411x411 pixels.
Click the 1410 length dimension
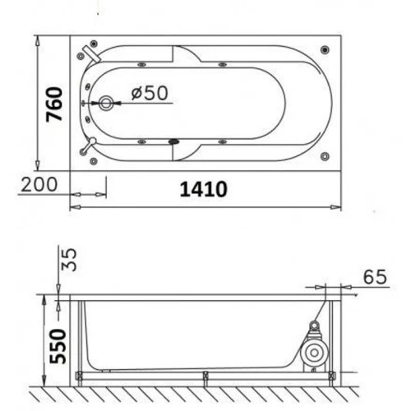[203, 189]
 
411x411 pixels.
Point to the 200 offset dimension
[39, 183]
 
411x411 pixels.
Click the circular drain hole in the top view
[106, 103]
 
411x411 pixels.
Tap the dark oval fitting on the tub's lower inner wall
[173, 140]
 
